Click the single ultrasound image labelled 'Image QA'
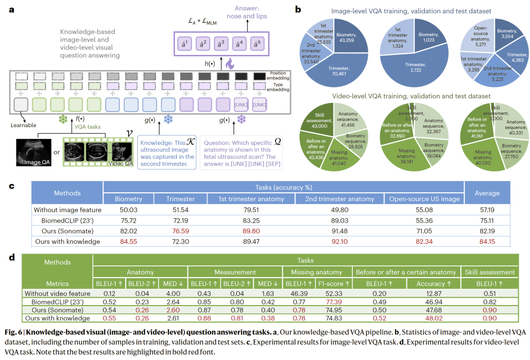click(33, 153)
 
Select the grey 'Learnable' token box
click(21, 104)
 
